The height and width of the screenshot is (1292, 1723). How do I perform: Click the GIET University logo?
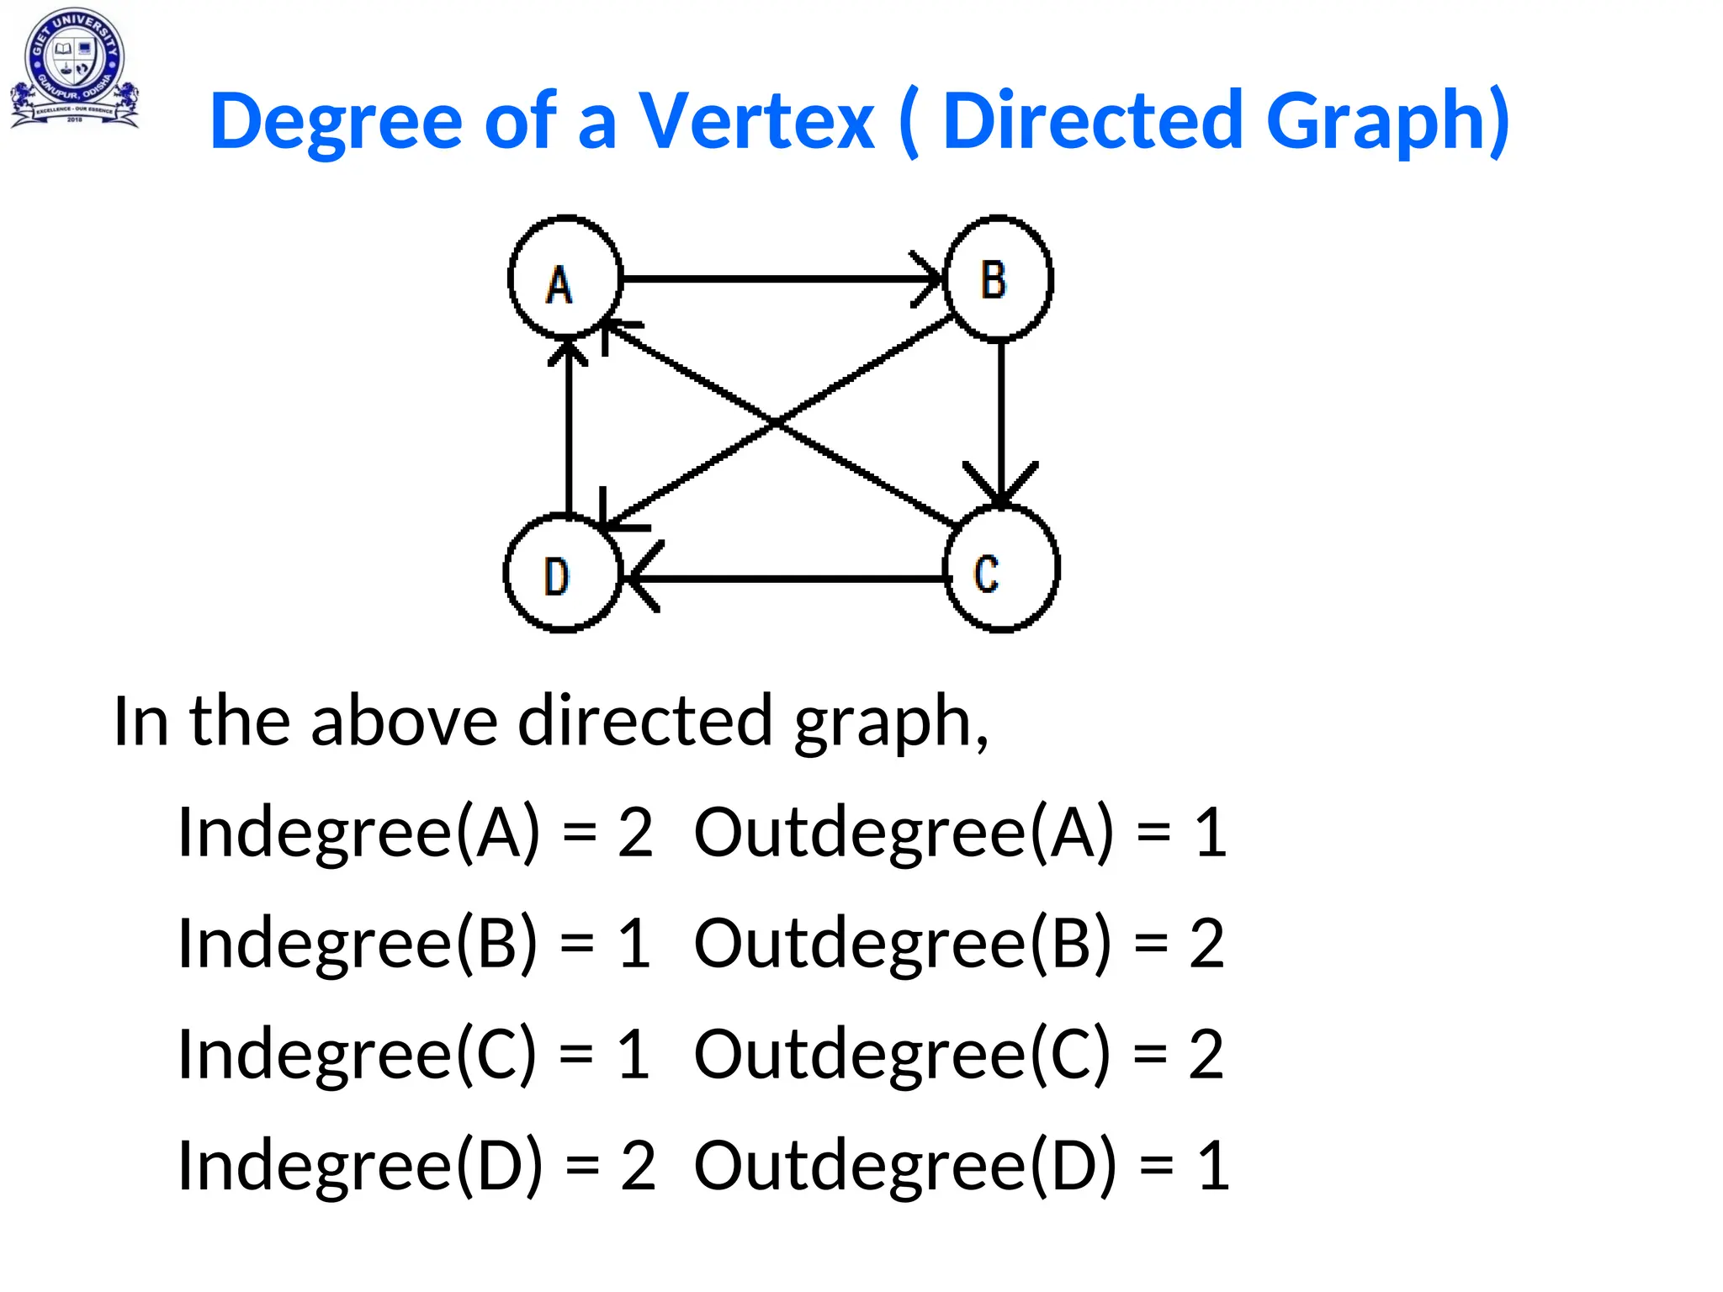click(x=74, y=67)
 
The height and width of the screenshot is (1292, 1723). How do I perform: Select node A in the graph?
click(x=565, y=278)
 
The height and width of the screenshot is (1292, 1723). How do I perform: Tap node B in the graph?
click(x=999, y=278)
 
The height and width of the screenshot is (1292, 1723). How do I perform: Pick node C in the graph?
click(x=1001, y=569)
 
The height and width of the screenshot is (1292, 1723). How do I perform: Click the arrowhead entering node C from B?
click(x=1000, y=486)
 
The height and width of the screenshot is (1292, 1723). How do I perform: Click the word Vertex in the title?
click(x=756, y=122)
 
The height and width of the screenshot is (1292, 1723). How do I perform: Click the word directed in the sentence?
click(x=644, y=722)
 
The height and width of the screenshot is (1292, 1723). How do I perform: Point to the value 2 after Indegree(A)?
click(x=635, y=833)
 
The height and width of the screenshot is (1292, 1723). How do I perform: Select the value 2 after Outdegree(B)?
click(x=1206, y=944)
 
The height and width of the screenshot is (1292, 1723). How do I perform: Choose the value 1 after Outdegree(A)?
click(x=1211, y=833)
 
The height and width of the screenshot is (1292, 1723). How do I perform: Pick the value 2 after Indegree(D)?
click(x=638, y=1166)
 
